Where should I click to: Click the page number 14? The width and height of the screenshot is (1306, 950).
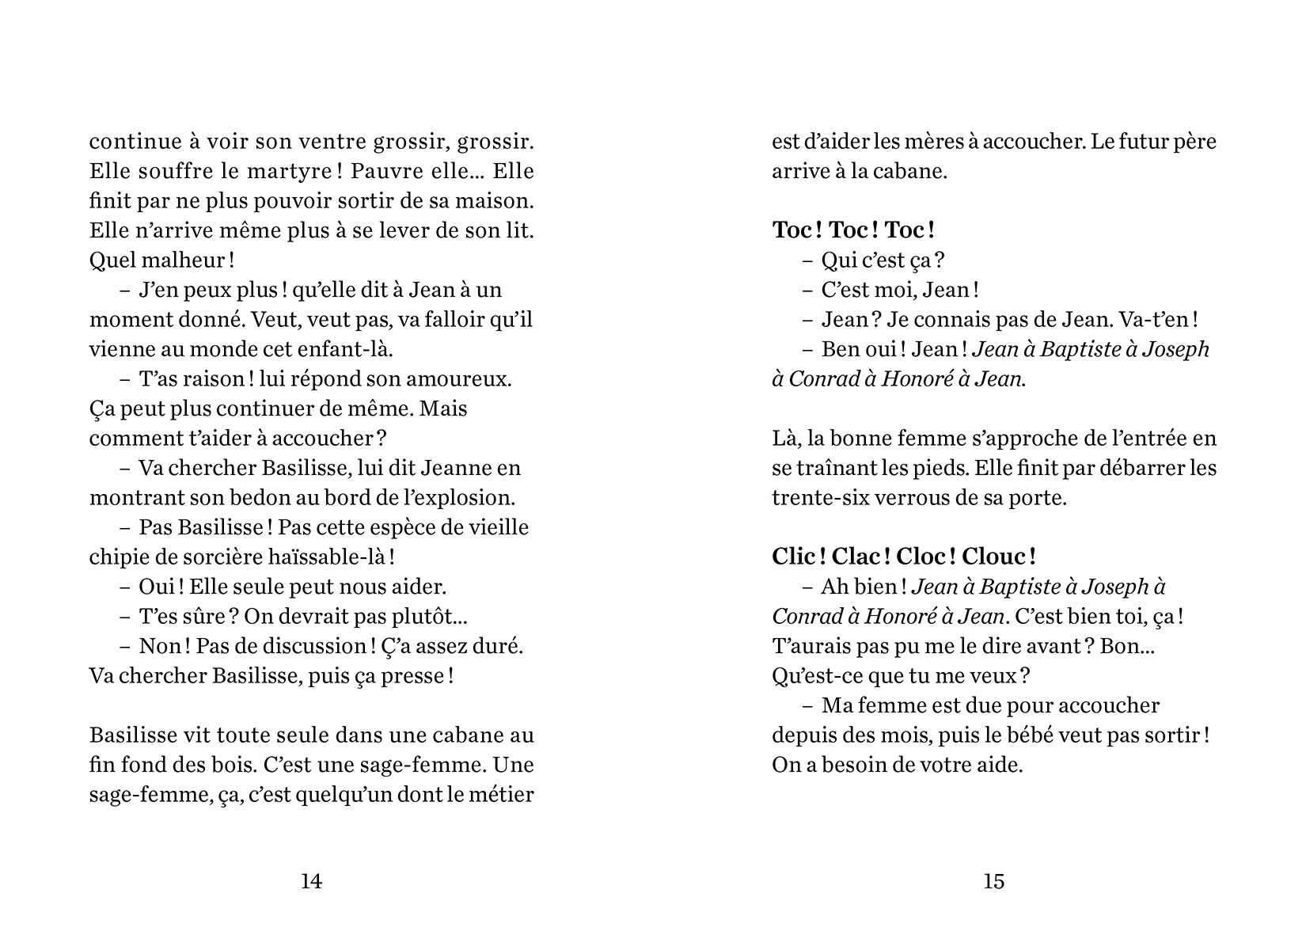[x=312, y=881]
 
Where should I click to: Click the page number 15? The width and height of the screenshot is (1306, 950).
[x=994, y=881]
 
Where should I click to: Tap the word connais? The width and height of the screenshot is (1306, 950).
[x=928, y=320]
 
